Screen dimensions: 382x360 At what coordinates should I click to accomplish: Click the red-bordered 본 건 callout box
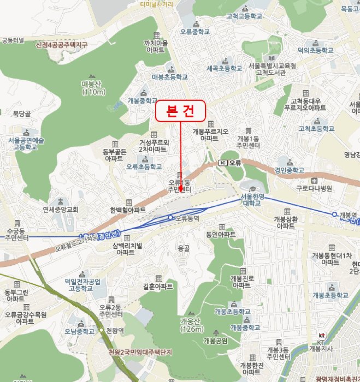180,111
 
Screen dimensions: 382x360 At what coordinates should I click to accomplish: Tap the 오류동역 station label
188,218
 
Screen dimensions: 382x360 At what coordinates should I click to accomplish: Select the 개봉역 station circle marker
335,214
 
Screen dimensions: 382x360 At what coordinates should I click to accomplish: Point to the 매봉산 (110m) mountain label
92,88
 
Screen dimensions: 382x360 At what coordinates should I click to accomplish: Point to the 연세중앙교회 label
61,209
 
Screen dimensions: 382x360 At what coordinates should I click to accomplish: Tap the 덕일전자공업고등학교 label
82,285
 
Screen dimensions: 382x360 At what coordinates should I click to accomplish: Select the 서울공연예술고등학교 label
26,144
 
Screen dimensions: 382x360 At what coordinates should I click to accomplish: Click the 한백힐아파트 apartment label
127,210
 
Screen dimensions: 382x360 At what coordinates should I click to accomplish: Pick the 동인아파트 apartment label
221,234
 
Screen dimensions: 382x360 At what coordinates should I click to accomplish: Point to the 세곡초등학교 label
224,69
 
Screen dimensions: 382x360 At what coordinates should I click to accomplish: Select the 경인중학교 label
290,170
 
